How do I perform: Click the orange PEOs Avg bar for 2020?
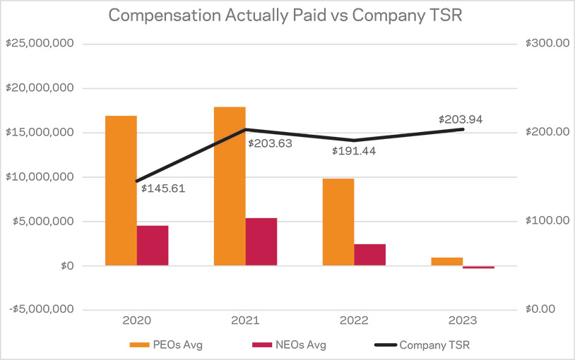click(x=121, y=191)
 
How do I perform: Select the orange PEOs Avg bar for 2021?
click(x=230, y=186)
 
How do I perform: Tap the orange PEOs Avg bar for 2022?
click(x=338, y=222)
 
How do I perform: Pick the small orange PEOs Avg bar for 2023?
click(x=446, y=261)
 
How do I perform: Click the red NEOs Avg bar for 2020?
click(x=153, y=246)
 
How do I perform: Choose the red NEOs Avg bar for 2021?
click(x=261, y=241)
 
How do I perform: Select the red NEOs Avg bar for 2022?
click(x=370, y=255)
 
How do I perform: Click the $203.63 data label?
click(x=270, y=144)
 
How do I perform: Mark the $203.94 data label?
click(x=461, y=119)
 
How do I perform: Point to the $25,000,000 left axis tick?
click(x=41, y=44)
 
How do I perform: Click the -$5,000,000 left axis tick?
click(x=41, y=310)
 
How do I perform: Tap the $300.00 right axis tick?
click(x=547, y=44)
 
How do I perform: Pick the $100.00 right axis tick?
click(x=547, y=221)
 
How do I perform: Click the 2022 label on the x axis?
click(x=354, y=320)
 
